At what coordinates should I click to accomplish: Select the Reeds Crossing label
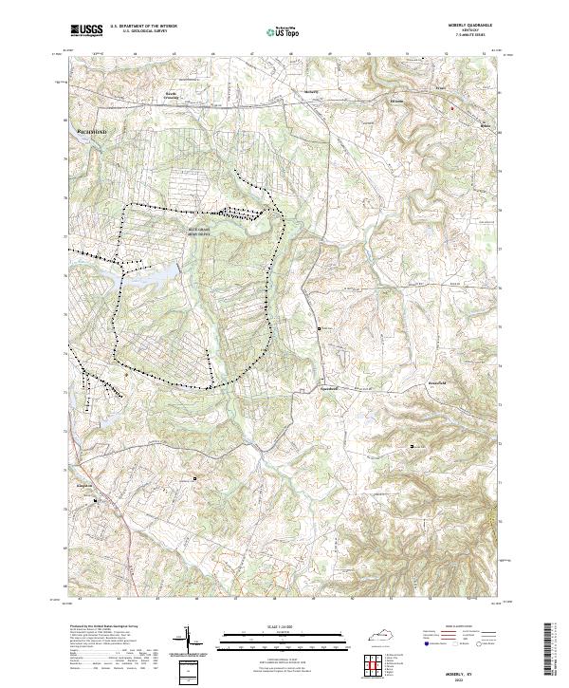click(172, 95)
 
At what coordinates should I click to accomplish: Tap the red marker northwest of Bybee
click(453, 108)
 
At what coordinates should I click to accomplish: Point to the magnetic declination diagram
click(189, 642)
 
